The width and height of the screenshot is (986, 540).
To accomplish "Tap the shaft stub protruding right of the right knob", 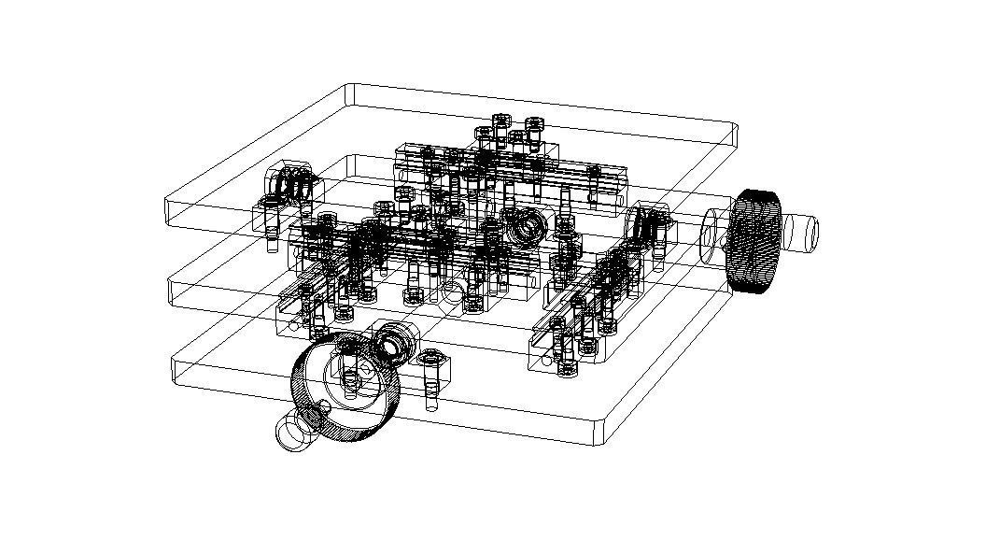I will [801, 231].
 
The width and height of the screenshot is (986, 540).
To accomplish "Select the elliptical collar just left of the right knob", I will [710, 234].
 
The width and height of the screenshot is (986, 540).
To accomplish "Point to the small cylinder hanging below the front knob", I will [295, 432].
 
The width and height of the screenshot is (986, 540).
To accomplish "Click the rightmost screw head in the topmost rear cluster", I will [534, 124].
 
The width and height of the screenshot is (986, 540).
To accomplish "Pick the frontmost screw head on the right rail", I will [567, 368].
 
